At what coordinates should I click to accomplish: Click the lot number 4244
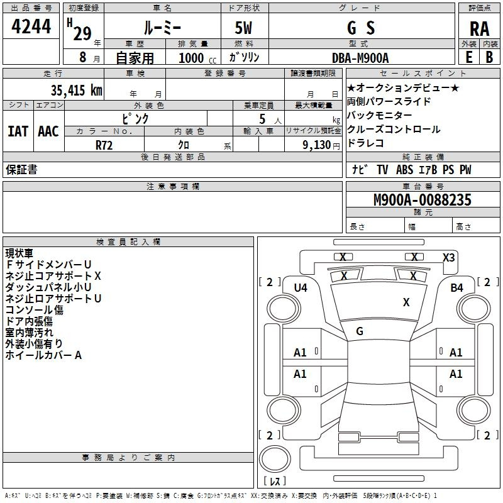pos(31,26)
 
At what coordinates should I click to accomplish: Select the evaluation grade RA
pos(480,29)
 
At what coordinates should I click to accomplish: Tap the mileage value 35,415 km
pos(77,90)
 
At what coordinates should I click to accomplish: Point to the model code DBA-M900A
pos(360,58)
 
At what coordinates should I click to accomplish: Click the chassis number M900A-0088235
pos(423,200)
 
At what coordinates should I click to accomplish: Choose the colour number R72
pos(104,145)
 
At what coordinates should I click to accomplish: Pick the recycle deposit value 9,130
pos(317,145)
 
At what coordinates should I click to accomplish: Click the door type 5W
pos(243,28)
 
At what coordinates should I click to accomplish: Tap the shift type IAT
pos(18,131)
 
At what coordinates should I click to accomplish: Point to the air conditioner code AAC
pos(48,131)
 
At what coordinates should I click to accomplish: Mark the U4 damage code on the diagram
pos(301,288)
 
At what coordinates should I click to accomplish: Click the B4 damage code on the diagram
pos(457,288)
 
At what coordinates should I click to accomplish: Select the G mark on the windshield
pos(360,331)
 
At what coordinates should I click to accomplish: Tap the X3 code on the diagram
pos(449,258)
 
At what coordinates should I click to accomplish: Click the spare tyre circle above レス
pos(275,459)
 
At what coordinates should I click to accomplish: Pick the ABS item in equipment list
pos(404,170)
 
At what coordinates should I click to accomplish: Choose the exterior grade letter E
pos(469,57)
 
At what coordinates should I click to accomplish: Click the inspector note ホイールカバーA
pos(43,355)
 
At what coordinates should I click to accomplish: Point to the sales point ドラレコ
pos(365,143)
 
